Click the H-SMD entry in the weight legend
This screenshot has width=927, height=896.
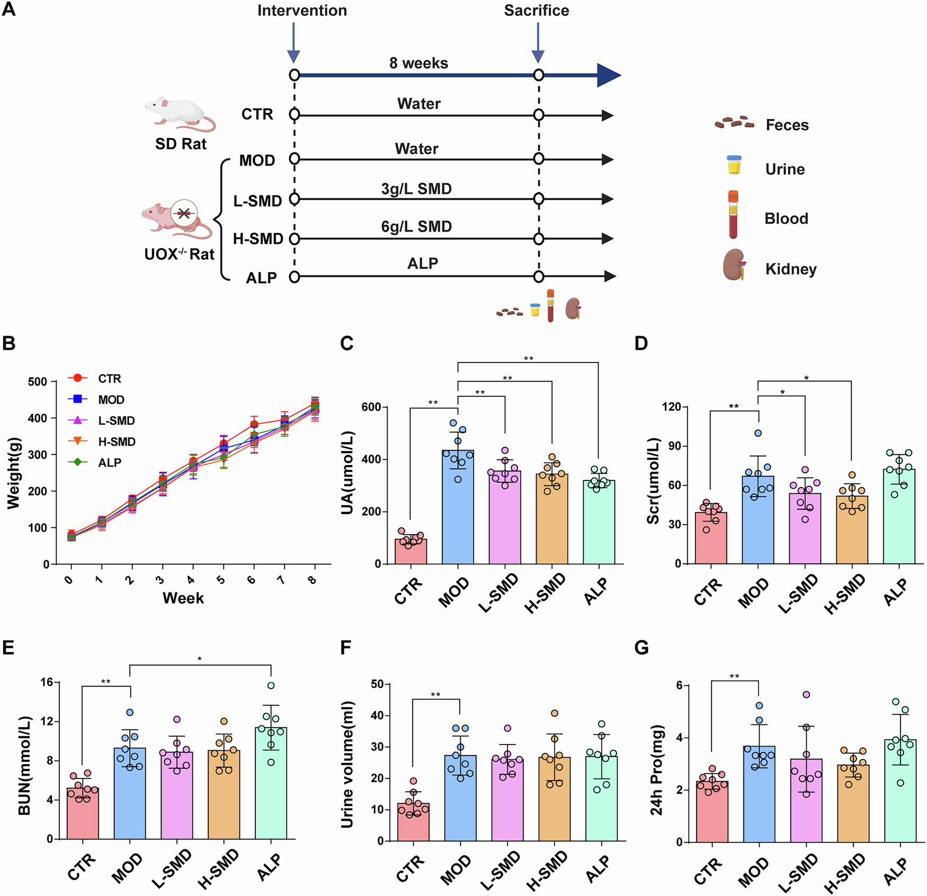(117, 441)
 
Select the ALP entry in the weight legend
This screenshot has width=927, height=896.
(110, 463)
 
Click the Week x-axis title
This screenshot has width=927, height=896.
(183, 598)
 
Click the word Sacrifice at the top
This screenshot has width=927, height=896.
(536, 11)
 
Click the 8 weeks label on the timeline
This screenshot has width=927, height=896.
(418, 63)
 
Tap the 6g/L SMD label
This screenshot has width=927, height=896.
(416, 226)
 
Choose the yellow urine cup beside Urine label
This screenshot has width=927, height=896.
(734, 165)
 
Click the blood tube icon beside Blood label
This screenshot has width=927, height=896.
(733, 215)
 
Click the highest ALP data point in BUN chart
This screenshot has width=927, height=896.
(271, 686)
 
